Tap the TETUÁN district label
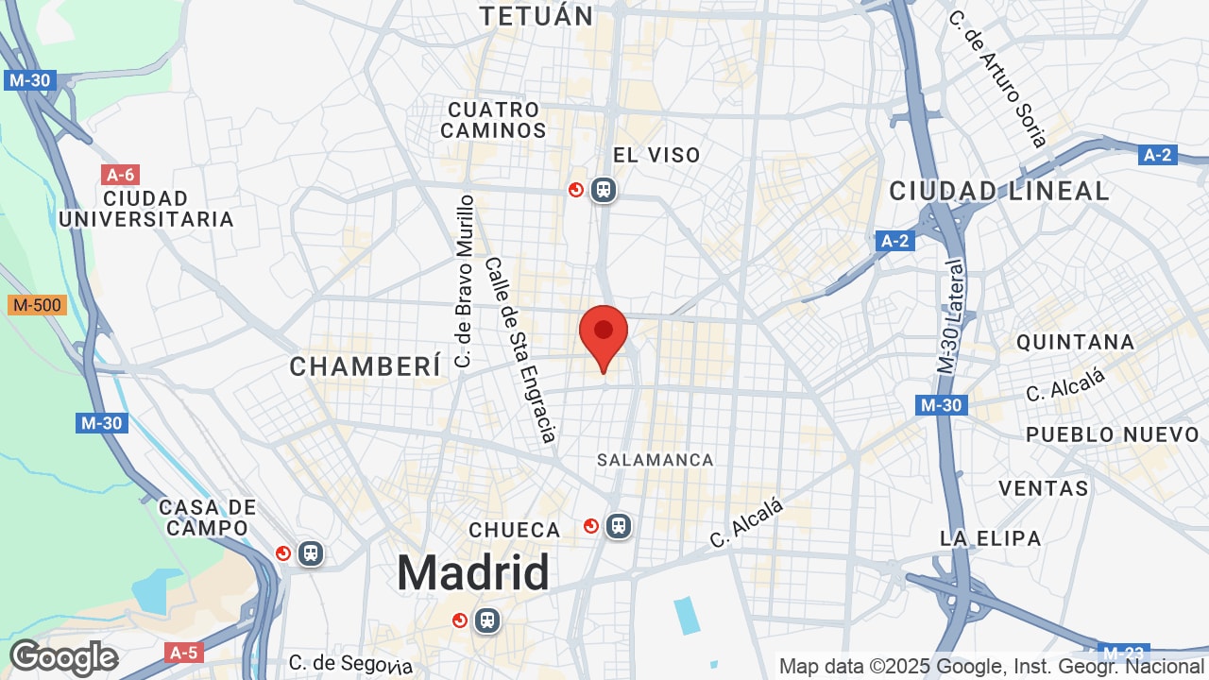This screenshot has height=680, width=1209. [536, 15]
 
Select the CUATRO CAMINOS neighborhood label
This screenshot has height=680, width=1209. [493, 120]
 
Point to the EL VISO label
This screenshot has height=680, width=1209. [656, 155]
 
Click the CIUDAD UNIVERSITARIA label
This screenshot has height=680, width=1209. [145, 209]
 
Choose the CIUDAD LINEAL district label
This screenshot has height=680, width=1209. [999, 191]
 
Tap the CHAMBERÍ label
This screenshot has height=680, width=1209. [366, 366]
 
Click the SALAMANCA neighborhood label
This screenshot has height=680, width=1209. [656, 460]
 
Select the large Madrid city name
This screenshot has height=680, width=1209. [472, 572]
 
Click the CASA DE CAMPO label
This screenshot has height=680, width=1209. [208, 518]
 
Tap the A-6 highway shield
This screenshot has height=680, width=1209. [120, 175]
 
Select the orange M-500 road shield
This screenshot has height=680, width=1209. [37, 305]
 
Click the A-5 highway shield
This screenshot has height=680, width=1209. [183, 653]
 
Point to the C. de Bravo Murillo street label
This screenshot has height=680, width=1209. [464, 280]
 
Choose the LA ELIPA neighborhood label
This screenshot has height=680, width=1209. [990, 538]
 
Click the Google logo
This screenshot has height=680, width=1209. [63, 657]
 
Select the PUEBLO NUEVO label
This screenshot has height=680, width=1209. [1113, 434]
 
